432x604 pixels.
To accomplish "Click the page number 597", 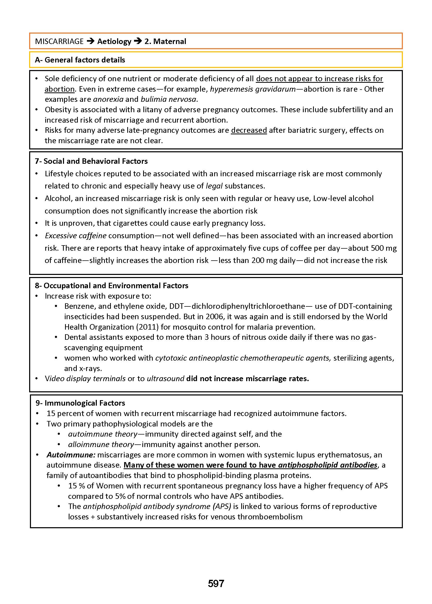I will pyautogui.click(x=216, y=583).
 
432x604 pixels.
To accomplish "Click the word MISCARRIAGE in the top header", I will pyautogui.click(x=59, y=41).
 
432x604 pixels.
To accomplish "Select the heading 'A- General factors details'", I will pyautogui.click(x=80, y=60).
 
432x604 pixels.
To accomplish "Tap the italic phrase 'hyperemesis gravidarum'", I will pyautogui.click(x=253, y=89).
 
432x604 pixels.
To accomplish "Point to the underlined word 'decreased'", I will pyautogui.click(x=249, y=130).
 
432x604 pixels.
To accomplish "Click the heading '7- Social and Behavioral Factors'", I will pyautogui.click(x=91, y=161).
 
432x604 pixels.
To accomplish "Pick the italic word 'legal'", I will pyautogui.click(x=214, y=186).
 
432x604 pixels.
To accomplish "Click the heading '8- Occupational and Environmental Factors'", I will pyautogui.click(x=111, y=286).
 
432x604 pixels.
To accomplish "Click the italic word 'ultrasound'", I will pyautogui.click(x=166, y=379).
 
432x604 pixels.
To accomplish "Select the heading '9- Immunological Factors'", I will pyautogui.click(x=80, y=403).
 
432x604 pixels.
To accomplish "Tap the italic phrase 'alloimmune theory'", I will pyautogui.click(x=101, y=444).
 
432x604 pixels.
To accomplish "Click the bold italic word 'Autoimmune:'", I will pyautogui.click(x=71, y=455).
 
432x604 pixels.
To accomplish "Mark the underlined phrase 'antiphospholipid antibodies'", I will pyautogui.click(x=328, y=465).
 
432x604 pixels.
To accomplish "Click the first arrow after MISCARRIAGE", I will pyautogui.click(x=91, y=41).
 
